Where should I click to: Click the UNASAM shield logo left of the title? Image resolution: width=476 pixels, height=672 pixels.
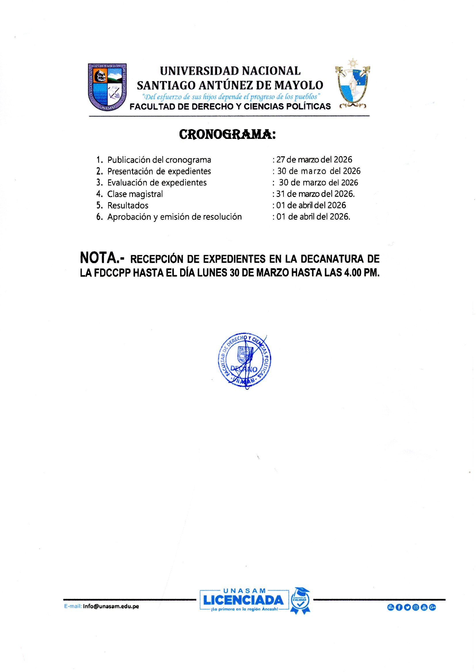(x=107, y=87)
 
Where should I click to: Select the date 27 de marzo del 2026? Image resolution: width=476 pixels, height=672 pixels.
(x=314, y=160)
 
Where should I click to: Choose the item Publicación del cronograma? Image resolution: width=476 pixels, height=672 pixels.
(x=159, y=160)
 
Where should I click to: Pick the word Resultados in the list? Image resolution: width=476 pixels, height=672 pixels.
(x=128, y=205)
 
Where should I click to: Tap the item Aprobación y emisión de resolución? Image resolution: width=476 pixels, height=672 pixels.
(x=174, y=217)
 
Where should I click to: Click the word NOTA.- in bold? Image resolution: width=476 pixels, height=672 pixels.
(x=102, y=258)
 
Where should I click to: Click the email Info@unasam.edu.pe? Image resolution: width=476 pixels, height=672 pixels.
(x=111, y=606)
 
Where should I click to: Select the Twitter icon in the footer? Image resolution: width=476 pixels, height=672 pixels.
(x=407, y=607)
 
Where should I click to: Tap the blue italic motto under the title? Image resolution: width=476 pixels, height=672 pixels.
(x=231, y=96)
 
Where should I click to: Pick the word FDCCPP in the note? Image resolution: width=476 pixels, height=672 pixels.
(x=112, y=273)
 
